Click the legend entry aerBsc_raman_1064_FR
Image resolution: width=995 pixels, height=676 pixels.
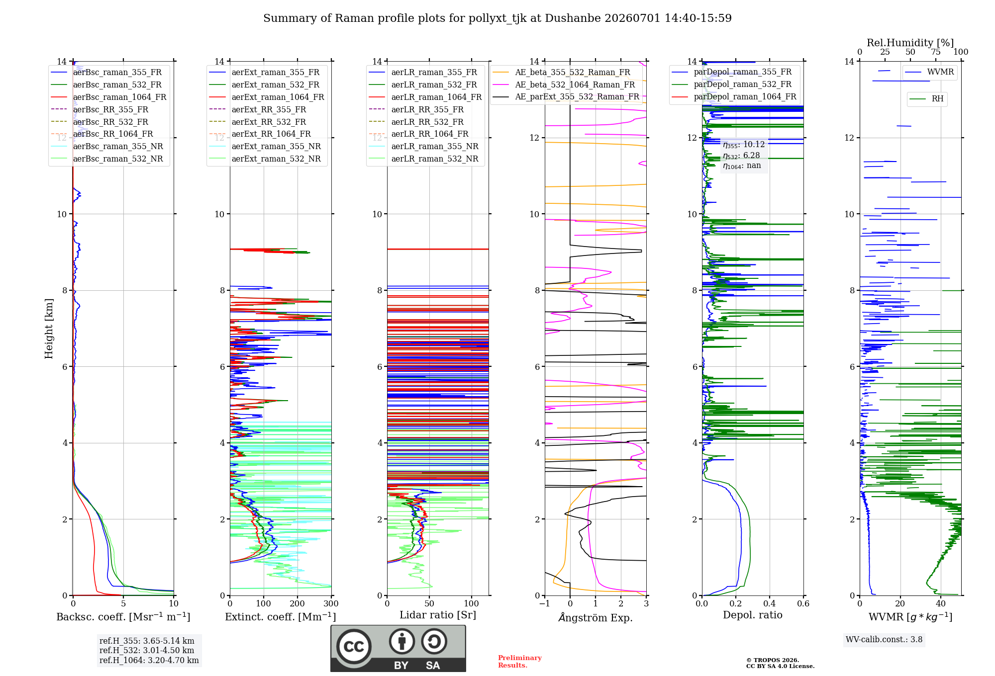[x=108, y=97]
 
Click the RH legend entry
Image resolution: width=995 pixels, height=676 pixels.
[x=926, y=99]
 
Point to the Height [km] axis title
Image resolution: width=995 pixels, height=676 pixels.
[x=49, y=329]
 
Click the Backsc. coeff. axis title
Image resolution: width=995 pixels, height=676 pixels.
[x=123, y=617]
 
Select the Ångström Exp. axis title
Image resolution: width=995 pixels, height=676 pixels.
[x=596, y=617]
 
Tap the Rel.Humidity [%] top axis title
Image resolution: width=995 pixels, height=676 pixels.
[x=910, y=43]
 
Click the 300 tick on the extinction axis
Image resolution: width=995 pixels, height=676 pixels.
[x=331, y=603]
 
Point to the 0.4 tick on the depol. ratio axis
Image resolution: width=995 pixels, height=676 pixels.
[x=769, y=603]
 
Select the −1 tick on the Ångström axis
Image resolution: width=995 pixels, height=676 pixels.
[x=544, y=603]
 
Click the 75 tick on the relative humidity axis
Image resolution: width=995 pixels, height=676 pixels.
[x=936, y=52]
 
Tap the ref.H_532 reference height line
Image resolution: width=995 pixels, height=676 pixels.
[x=147, y=650]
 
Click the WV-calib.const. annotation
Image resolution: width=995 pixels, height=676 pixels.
[x=884, y=639]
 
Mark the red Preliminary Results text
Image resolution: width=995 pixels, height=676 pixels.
[x=520, y=662]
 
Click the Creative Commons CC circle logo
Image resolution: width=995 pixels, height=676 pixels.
[x=354, y=647]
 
